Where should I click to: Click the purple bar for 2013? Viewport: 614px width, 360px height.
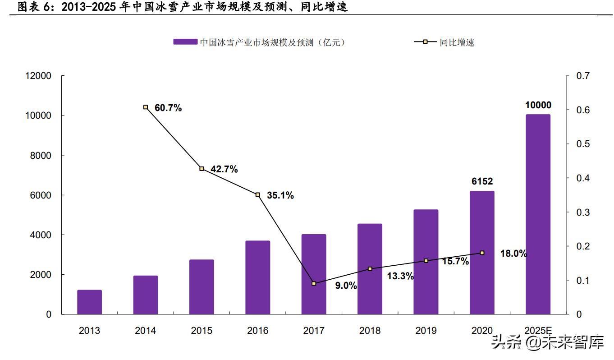point(89,302)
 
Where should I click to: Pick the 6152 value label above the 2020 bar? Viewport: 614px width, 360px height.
point(482,181)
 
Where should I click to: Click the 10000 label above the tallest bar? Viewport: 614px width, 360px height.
point(538,105)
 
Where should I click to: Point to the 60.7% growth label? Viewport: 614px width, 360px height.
point(168,108)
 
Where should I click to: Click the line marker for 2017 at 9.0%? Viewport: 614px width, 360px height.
point(314,284)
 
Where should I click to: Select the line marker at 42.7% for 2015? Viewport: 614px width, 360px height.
point(202,169)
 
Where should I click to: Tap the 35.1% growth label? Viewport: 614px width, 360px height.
point(280,195)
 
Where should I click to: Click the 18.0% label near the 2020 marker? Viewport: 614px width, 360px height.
point(513,254)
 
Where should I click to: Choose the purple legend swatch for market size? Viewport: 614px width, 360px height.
point(185,42)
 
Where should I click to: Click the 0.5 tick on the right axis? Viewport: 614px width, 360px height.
point(583,144)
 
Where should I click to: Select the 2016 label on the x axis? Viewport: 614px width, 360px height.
point(257,331)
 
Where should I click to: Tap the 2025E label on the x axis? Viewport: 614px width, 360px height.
point(538,331)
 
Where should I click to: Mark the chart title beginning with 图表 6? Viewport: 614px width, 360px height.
point(183,7)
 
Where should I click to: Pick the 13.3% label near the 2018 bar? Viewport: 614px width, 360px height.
point(400,277)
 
